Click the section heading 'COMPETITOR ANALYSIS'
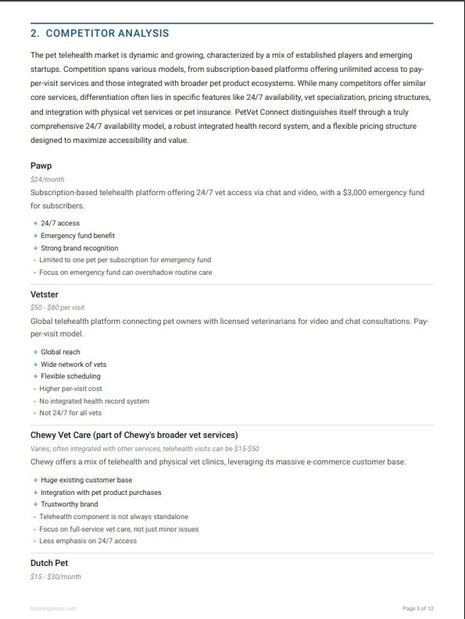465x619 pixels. tap(107, 34)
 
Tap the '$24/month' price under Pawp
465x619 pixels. tap(47, 180)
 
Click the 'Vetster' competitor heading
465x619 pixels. tap(45, 294)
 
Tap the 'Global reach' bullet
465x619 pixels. tap(60, 352)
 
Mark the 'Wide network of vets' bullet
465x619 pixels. tap(73, 365)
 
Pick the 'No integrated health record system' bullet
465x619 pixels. tap(95, 401)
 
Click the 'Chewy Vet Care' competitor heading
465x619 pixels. tap(134, 435)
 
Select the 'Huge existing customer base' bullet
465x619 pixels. tap(86, 480)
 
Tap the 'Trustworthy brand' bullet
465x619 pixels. tap(70, 504)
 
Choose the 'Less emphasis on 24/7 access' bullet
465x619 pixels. tap(88, 541)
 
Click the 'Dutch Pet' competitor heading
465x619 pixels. tap(52, 564)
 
